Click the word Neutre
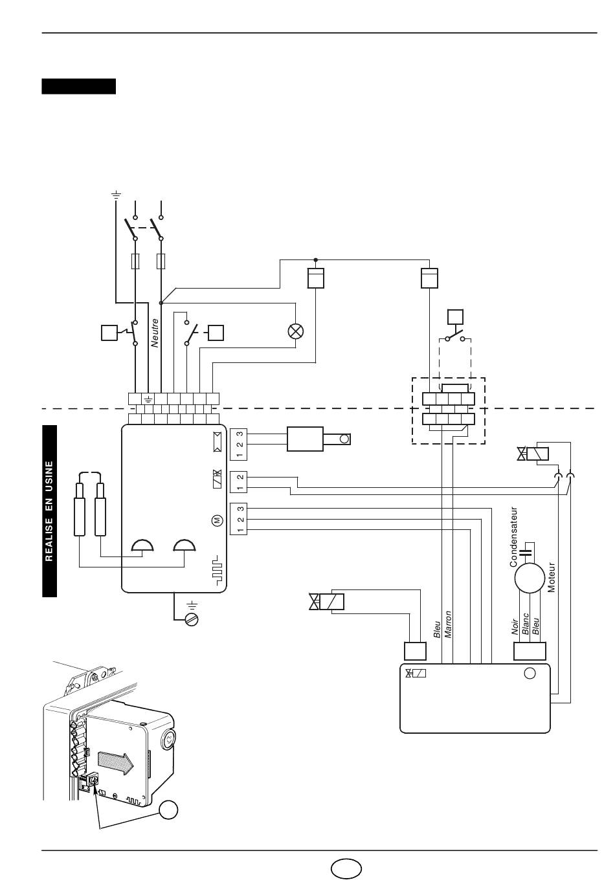pyautogui.click(x=155, y=333)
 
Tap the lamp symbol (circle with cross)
pyautogui.click(x=295, y=331)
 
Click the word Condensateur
pyautogui.click(x=513, y=537)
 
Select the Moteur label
pyautogui.click(x=552, y=577)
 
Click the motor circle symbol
pyautogui.click(x=530, y=578)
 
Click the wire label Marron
pyautogui.click(x=447, y=624)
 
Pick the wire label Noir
pyautogui.click(x=515, y=627)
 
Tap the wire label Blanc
pyautogui.click(x=526, y=624)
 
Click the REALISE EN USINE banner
pyautogui.click(x=49, y=511)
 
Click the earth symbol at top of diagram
pyautogui.click(x=116, y=194)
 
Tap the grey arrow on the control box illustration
pyautogui.click(x=116, y=764)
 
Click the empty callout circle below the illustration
pyautogui.click(x=168, y=809)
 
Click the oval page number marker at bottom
pyautogui.click(x=346, y=868)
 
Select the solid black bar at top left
pyautogui.click(x=78, y=87)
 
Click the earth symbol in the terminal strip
pyautogui.click(x=148, y=399)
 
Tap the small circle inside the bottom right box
pyautogui.click(x=530, y=674)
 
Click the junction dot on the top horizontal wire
pyautogui.click(x=315, y=259)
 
